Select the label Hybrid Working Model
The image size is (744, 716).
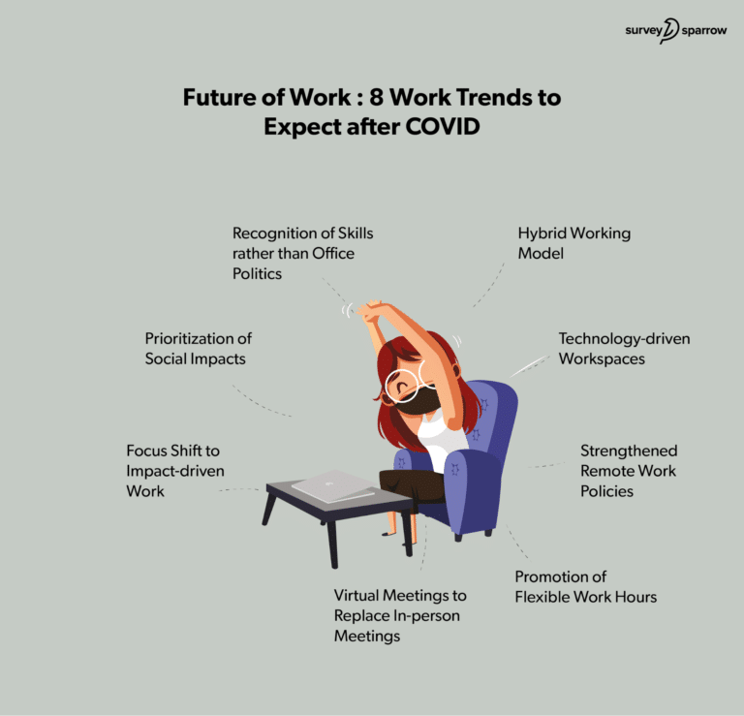pyautogui.click(x=561, y=243)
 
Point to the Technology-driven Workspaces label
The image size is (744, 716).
pyautogui.click(x=624, y=348)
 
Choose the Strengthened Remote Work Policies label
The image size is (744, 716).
pyautogui.click(x=628, y=471)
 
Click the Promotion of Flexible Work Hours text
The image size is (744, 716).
pyautogui.click(x=585, y=587)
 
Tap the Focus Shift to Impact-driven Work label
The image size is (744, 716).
pyautogui.click(x=175, y=471)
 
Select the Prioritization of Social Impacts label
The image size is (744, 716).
pyautogui.click(x=199, y=349)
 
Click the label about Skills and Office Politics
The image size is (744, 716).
pyautogui.click(x=302, y=254)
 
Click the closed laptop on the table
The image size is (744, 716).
pyautogui.click(x=333, y=485)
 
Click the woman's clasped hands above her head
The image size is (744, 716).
pyautogui.click(x=371, y=312)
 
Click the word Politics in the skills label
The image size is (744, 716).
pyautogui.click(x=259, y=274)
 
